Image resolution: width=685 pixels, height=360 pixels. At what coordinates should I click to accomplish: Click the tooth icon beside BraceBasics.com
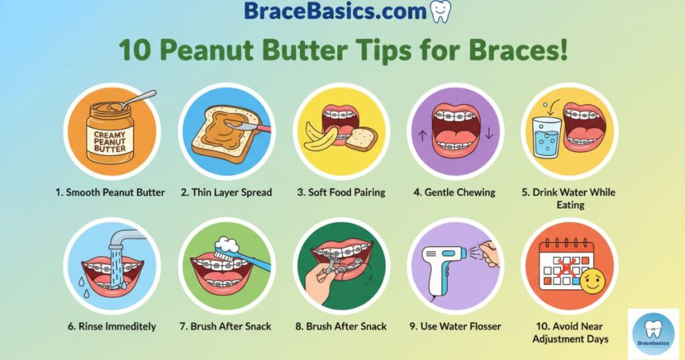point(439,11)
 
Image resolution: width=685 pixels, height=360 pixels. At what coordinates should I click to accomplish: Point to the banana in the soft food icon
point(320,137)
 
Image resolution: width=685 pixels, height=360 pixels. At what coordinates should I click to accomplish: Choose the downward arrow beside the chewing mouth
point(488,133)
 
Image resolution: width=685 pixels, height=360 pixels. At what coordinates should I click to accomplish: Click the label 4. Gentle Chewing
point(454,192)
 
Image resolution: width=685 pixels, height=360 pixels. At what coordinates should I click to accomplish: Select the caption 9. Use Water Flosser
point(455,327)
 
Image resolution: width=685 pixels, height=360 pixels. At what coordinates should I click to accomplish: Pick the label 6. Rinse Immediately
point(112,327)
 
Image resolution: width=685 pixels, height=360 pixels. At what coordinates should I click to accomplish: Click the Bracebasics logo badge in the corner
point(653,332)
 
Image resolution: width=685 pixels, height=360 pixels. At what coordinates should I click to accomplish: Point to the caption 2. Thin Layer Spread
point(226,192)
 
